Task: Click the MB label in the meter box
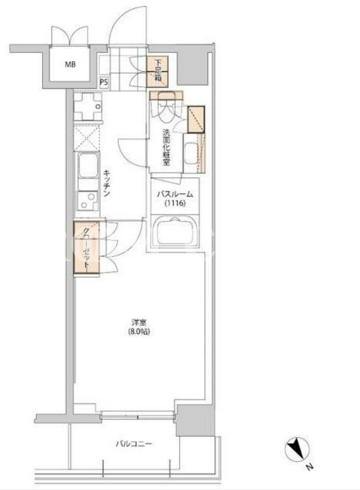pos(70,65)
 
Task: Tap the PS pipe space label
pos(104,82)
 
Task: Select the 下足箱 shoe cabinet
pos(157,72)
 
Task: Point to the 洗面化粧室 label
pos(166,147)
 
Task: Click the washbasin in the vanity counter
pos(191,153)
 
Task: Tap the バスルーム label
pos(175,195)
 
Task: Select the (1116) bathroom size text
pos(175,204)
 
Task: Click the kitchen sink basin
pos(88,165)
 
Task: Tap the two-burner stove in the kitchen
pos(88,200)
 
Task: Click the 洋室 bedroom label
pos(139,322)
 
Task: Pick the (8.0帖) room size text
pos(139,331)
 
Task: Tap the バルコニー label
pos(134,444)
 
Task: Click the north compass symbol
pos(297,450)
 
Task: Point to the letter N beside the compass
pos(309,467)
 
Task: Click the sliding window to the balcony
pos(138,415)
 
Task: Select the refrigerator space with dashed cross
pos(87,138)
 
